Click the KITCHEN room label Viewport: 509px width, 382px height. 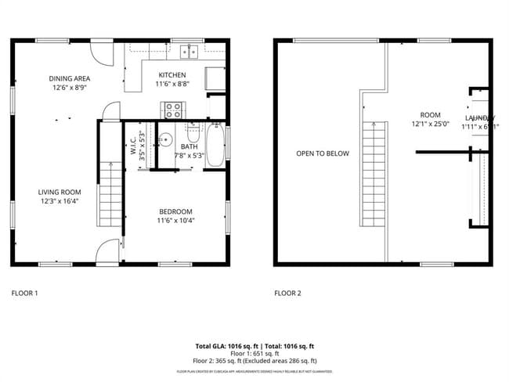pyautogui.click(x=171, y=74)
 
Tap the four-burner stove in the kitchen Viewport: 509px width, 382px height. pyautogui.click(x=171, y=110)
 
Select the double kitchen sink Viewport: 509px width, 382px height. pyautogui.click(x=188, y=52)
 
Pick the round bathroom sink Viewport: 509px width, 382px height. pyautogui.click(x=164, y=141)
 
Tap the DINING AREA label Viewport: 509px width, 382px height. pyautogui.click(x=69, y=78)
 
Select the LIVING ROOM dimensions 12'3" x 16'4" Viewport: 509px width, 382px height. pyautogui.click(x=60, y=201)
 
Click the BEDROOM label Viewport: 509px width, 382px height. pyautogui.click(x=175, y=211)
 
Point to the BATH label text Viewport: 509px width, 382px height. pyautogui.click(x=189, y=146)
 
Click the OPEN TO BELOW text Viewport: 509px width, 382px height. pyautogui.click(x=323, y=153)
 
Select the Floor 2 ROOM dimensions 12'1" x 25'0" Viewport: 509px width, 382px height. pyautogui.click(x=430, y=124)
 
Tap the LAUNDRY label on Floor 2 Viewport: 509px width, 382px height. pyautogui.click(x=479, y=117)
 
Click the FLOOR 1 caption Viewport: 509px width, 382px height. pyautogui.click(x=24, y=294)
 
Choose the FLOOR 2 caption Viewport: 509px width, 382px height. pyautogui.click(x=287, y=294)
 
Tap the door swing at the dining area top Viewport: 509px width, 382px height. pyautogui.click(x=100, y=51)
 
